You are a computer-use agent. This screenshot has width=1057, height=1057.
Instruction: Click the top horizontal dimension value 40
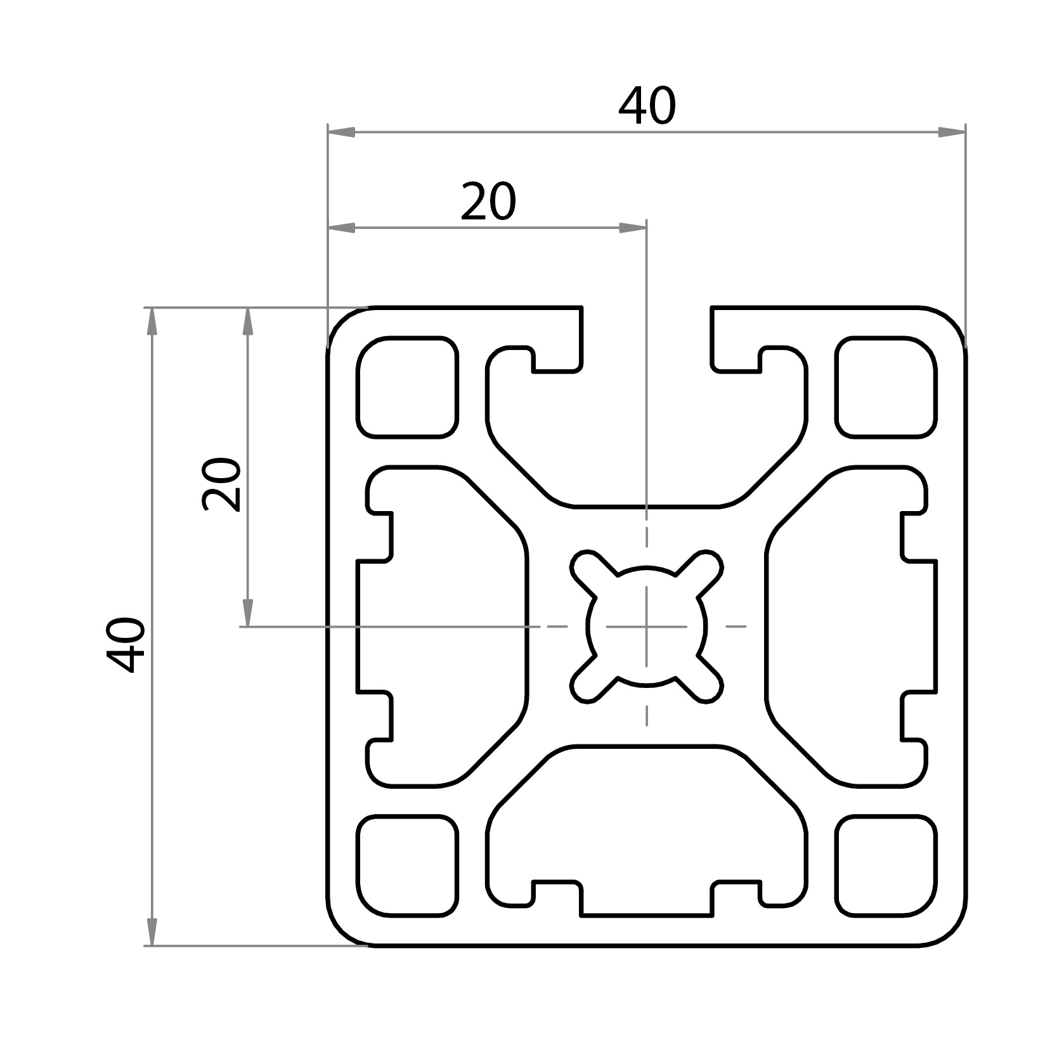coord(647,107)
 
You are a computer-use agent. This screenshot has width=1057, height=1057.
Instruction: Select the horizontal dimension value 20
coord(488,202)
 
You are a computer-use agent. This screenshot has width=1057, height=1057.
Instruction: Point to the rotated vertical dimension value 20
coord(221,484)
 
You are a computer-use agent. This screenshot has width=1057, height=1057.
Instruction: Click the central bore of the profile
coord(646,626)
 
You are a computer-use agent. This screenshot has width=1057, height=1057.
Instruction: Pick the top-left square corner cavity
coord(407,387)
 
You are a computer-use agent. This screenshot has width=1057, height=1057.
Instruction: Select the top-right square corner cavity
coord(886,387)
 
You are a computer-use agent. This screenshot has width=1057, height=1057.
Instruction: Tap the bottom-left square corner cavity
coord(407,866)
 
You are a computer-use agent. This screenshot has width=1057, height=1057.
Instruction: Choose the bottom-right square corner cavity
coord(886,866)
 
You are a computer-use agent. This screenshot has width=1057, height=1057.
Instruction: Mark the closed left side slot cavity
coord(444,626)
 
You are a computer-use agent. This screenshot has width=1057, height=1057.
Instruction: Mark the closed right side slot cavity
coord(850,626)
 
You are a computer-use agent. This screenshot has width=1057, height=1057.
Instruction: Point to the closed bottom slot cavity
coord(646,824)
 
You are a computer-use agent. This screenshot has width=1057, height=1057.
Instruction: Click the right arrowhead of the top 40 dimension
coord(951,133)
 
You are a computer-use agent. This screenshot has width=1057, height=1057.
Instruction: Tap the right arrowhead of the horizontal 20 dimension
coord(632,228)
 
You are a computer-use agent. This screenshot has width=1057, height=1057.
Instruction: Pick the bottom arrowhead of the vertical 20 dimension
coord(247,613)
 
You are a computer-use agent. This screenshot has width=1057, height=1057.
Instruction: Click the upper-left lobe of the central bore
coord(587,566)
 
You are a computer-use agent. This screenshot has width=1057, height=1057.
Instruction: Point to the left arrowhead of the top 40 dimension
coord(341,133)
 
